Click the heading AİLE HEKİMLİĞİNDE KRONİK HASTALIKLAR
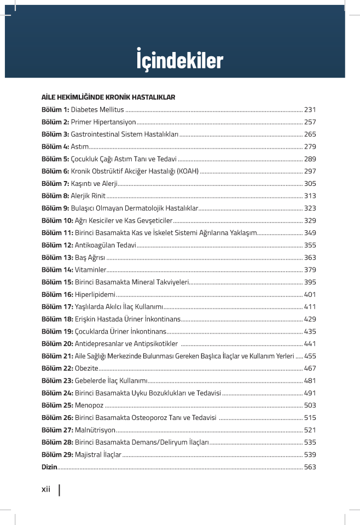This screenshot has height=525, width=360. [108, 97]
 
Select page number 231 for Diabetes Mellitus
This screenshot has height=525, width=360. [310, 110]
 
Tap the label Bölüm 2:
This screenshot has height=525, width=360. [55, 122]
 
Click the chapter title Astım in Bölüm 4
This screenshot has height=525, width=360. [79, 147]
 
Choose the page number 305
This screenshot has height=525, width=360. [310, 184]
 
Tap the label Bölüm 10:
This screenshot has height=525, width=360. [57, 220]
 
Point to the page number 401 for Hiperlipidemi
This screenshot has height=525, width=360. [310, 294]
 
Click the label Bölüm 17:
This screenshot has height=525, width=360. [57, 307]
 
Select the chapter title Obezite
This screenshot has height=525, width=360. [87, 368]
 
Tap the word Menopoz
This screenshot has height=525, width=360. [89, 405]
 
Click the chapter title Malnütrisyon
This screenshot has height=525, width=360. [95, 430]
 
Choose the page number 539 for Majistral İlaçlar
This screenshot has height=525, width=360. [310, 454]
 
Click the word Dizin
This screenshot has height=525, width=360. [49, 466]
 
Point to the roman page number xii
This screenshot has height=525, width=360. [46, 489]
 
